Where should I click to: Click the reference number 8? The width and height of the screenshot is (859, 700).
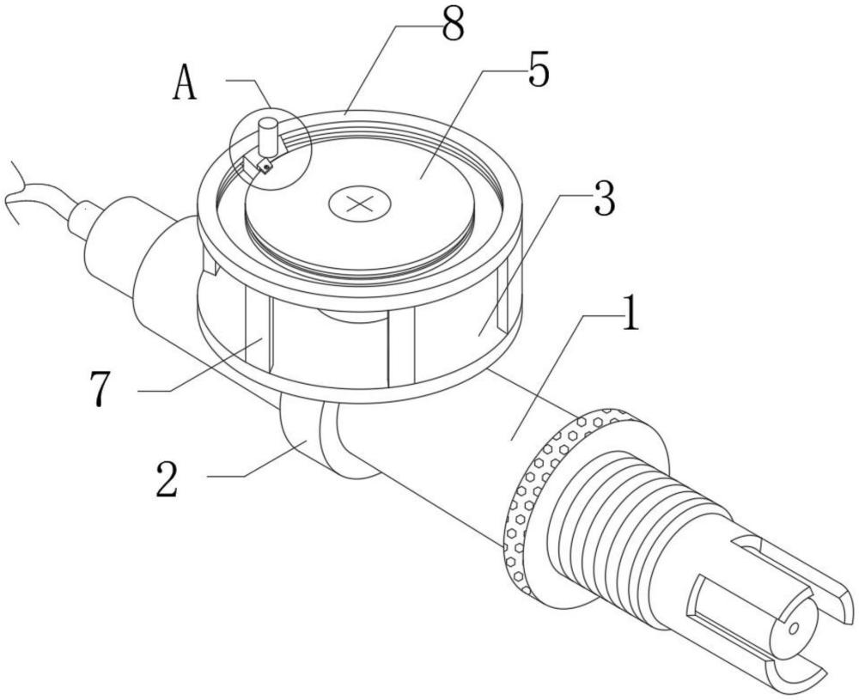453,25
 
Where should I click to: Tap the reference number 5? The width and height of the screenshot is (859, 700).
538,70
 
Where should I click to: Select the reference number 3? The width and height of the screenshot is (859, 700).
604,198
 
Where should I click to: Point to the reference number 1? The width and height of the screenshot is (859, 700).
631,313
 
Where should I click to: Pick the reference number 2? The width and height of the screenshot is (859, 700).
167,478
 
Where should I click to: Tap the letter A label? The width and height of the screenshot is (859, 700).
185,84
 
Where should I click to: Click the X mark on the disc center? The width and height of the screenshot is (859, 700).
359,204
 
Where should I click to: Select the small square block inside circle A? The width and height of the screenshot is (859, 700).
265,165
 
